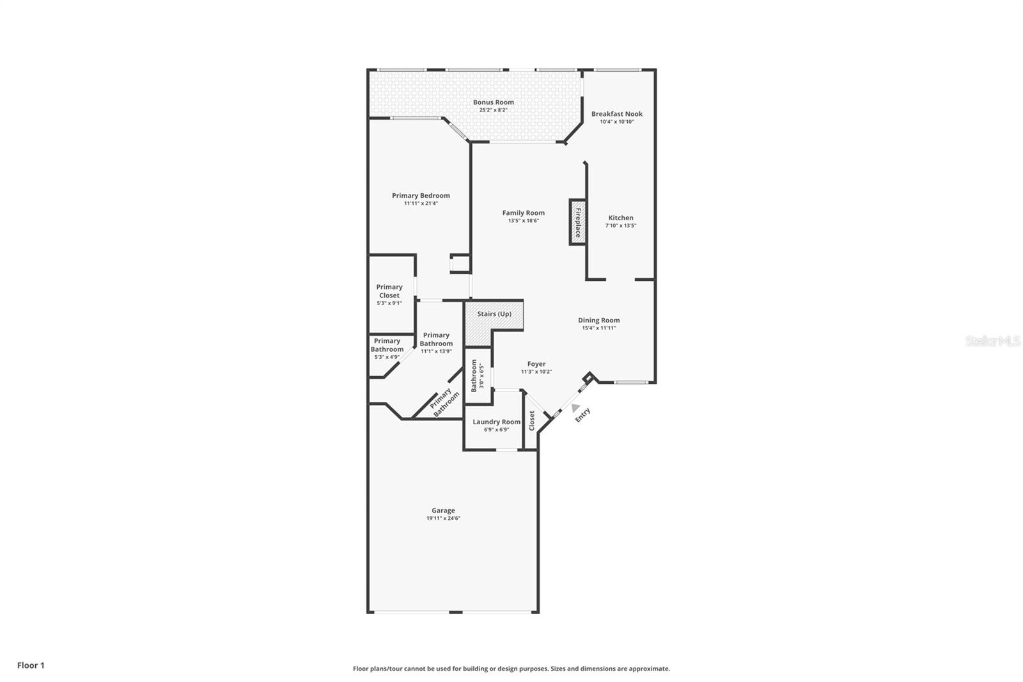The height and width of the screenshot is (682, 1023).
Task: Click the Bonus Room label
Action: coord(493,102)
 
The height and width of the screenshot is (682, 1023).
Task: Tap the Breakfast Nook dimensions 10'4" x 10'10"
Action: coord(616,122)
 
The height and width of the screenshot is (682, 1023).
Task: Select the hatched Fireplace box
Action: coord(577,222)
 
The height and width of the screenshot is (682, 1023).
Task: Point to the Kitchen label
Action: coord(620,218)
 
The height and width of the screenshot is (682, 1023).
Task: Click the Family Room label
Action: coord(523,212)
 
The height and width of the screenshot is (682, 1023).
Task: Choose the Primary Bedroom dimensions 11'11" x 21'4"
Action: coord(421,203)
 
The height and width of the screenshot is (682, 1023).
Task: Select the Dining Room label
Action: coord(598,320)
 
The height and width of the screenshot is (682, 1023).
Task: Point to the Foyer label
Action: coord(536,363)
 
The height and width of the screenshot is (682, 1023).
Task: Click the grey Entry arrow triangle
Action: coord(575,408)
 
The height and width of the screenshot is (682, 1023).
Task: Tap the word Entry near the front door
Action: coord(582,415)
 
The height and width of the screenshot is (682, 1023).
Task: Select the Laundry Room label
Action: coord(496,422)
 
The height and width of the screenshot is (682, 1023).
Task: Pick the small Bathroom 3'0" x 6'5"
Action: coord(478,376)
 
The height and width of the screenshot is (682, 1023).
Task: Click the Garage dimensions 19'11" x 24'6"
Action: coord(443,518)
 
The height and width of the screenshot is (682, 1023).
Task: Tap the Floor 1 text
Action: coord(31,665)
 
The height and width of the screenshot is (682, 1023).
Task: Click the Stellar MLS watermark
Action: coord(992,341)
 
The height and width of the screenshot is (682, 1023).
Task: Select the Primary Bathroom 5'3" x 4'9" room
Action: coord(387,349)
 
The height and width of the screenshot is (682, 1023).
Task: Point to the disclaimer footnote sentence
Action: coord(511,669)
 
